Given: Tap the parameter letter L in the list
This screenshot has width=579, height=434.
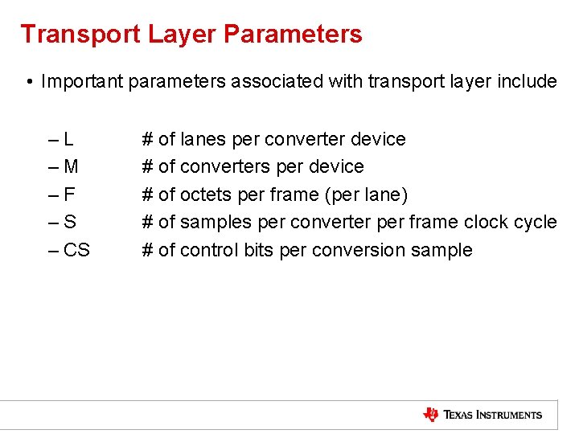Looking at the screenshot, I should [69, 139].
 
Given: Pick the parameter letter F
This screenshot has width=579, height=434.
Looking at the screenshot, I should [69, 194].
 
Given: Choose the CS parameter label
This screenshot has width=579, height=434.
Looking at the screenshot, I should [76, 250].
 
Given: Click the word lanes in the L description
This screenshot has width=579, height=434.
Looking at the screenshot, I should [203, 139].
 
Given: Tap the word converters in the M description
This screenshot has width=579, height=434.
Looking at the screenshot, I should [226, 166].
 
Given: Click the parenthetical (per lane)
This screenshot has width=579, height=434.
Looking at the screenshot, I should [366, 194].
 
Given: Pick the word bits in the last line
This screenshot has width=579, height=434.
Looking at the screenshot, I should [259, 250].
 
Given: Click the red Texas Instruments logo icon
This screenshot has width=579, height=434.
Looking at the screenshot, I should [431, 415].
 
